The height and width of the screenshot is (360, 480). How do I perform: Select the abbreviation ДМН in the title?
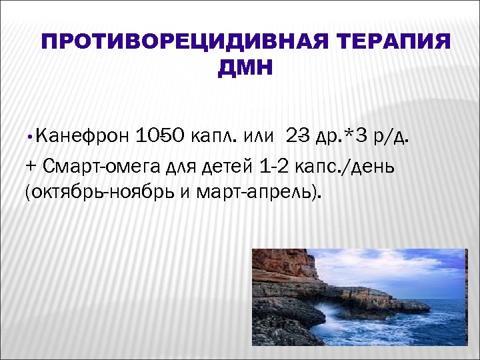[245, 68]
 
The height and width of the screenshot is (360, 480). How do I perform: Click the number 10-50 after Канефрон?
[160, 137]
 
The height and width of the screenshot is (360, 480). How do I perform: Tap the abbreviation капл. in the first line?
[214, 137]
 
